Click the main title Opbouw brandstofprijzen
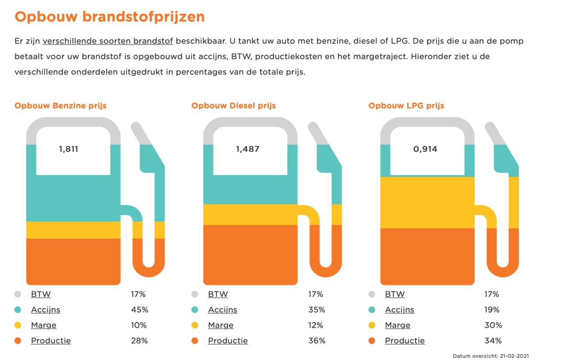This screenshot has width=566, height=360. click(x=110, y=17)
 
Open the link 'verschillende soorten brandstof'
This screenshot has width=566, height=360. click(x=107, y=41)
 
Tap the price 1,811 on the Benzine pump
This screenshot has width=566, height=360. click(x=69, y=149)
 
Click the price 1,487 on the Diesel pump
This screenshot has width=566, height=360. click(x=247, y=149)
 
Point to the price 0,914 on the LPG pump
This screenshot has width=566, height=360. click(x=425, y=149)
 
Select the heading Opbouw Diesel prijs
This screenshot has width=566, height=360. click(x=233, y=106)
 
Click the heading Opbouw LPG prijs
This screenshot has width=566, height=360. click(x=406, y=106)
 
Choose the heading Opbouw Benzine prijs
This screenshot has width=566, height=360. click(x=61, y=106)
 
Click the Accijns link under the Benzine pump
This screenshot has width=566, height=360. click(x=46, y=310)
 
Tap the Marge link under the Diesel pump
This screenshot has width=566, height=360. click(x=221, y=325)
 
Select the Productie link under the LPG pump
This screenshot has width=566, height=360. click(x=405, y=341)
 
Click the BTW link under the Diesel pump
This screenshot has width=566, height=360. click(x=218, y=294)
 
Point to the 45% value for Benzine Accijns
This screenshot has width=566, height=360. click(x=139, y=310)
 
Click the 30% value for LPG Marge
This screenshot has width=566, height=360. click(x=493, y=325)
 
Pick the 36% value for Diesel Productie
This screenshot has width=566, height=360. click(x=317, y=341)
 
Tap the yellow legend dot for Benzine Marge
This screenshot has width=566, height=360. click(x=18, y=325)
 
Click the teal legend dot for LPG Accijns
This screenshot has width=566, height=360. click(x=372, y=310)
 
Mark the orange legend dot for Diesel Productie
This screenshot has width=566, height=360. click(x=195, y=341)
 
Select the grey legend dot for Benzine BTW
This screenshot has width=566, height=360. click(x=18, y=294)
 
